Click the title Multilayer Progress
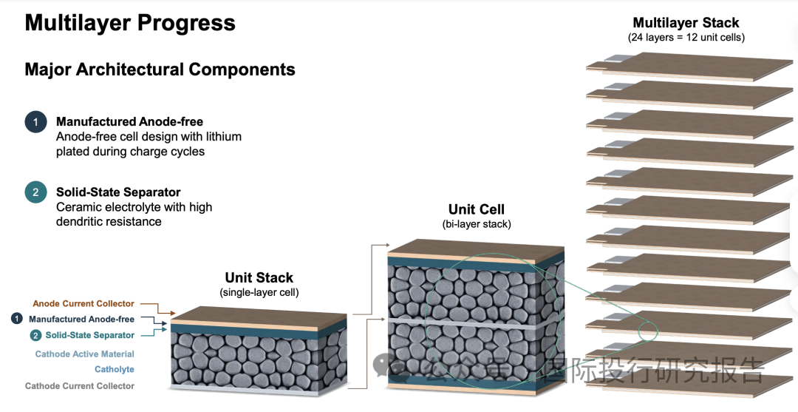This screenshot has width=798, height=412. (x=130, y=23)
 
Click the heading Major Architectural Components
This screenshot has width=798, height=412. (x=160, y=70)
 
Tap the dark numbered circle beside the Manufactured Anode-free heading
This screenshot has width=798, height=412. (x=35, y=122)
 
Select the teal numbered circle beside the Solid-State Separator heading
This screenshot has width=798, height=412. (x=35, y=192)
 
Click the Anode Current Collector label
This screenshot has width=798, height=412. (x=83, y=303)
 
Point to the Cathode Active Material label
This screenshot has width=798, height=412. (x=85, y=354)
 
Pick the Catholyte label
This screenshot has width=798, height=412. (x=115, y=369)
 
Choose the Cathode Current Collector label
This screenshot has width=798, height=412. (x=80, y=385)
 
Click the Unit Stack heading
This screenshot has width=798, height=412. (x=259, y=277)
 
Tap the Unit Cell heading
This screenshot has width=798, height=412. (x=477, y=209)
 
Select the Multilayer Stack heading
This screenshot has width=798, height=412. (x=686, y=23)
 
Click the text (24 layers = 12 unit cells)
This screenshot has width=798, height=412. (x=686, y=37)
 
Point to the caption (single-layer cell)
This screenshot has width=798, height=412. (x=259, y=292)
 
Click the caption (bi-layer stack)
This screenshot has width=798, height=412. (x=477, y=223)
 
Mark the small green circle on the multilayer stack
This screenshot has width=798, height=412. (x=649, y=331)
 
